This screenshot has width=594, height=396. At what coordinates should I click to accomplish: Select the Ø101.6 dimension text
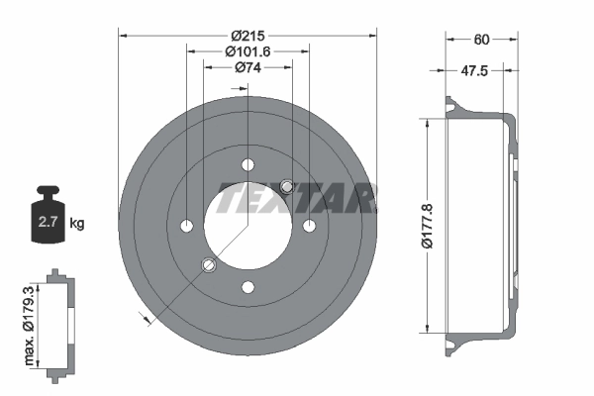[x=247, y=50]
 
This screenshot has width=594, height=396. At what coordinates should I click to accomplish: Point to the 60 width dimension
[x=481, y=40]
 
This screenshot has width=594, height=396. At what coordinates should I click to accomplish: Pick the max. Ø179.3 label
[x=31, y=321]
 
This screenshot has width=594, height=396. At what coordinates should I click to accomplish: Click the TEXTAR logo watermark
[x=296, y=198]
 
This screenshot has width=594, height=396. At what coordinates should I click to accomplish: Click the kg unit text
[x=77, y=224]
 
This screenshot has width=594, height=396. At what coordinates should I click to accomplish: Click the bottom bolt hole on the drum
[x=247, y=288]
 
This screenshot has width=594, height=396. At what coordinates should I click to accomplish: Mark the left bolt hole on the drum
[x=186, y=227]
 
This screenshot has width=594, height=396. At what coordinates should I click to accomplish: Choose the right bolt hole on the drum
[x=309, y=227]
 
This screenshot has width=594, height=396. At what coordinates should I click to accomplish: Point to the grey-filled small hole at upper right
[x=287, y=186]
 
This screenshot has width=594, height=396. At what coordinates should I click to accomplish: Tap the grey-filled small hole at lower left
[x=208, y=265]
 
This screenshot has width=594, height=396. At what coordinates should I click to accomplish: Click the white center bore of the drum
[x=247, y=227]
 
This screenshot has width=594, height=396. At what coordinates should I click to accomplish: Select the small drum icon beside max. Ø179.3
[x=58, y=321]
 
